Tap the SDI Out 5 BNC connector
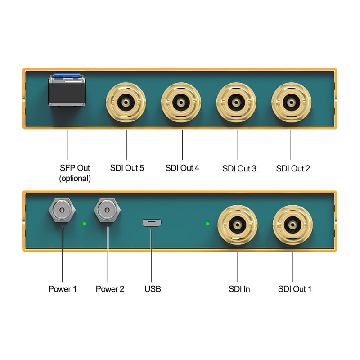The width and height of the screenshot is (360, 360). pyautogui.click(x=126, y=103)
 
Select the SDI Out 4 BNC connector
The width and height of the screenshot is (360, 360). pyautogui.click(x=181, y=103)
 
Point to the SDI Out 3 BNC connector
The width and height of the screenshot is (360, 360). pyautogui.click(x=236, y=103)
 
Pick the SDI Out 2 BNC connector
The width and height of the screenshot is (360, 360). pyautogui.click(x=291, y=103)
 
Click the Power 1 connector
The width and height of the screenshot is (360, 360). pyautogui.click(x=62, y=210)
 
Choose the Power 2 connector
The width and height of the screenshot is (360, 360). pyautogui.click(x=107, y=210)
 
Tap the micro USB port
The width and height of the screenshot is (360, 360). pyautogui.click(x=152, y=223)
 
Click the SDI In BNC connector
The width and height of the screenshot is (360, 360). pyautogui.click(x=238, y=225)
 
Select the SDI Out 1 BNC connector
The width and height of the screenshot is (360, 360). pyautogui.click(x=293, y=225)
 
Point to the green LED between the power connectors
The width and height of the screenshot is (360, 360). pyautogui.click(x=85, y=224)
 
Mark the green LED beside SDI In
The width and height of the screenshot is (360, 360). pyautogui.click(x=207, y=224)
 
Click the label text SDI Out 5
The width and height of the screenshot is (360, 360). pyautogui.click(x=127, y=168)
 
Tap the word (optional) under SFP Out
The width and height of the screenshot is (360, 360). pyautogui.click(x=75, y=179)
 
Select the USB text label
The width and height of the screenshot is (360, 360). pyautogui.click(x=153, y=289)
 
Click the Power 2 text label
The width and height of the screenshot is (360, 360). pyautogui.click(x=110, y=289)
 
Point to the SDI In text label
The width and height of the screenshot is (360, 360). pyautogui.click(x=239, y=289)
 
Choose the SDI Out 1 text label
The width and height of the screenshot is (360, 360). pyautogui.click(x=295, y=289)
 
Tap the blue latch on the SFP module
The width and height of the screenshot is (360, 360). pyautogui.click(x=67, y=75)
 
